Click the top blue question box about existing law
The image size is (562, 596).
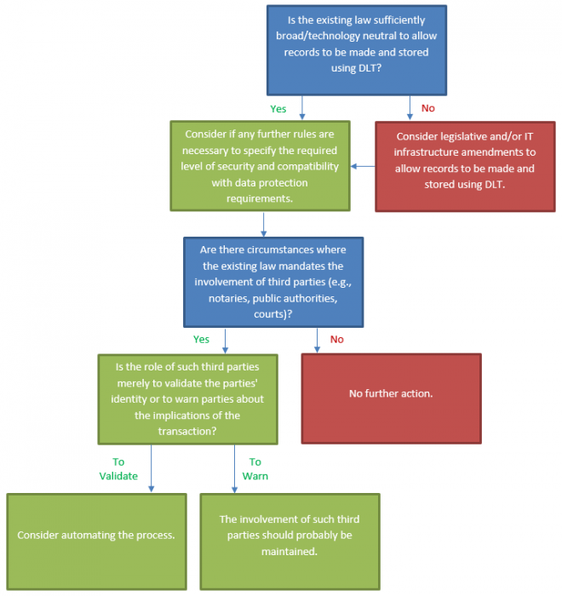click(x=357, y=49)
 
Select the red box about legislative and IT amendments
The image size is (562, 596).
click(x=464, y=166)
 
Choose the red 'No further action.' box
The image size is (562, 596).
click(x=391, y=393)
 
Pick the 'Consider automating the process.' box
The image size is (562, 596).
click(x=95, y=536)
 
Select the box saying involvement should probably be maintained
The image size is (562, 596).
click(x=290, y=536)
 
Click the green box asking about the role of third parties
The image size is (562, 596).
click(x=188, y=398)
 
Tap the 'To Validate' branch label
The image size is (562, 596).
click(x=118, y=469)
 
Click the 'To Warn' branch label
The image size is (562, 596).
click(x=255, y=469)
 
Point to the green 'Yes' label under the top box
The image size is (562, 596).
click(x=278, y=109)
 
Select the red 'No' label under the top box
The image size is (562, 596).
click(x=428, y=109)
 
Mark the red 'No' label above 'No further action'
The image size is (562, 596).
click(x=336, y=339)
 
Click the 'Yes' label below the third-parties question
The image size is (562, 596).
click(x=201, y=339)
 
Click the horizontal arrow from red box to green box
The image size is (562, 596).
click(x=363, y=166)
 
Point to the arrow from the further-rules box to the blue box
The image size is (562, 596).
click(x=264, y=223)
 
